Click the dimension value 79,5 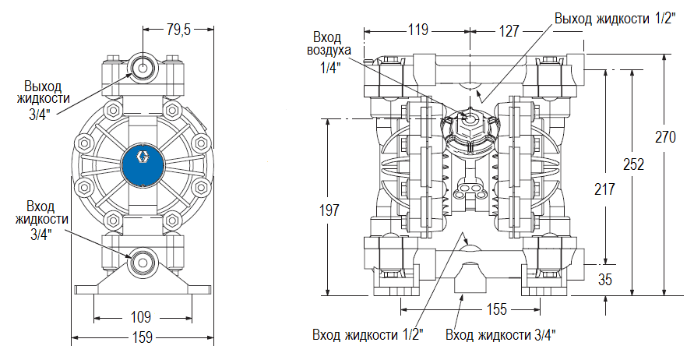click(178, 30)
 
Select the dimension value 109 click(141, 318)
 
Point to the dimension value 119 click(418, 30)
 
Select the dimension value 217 click(604, 189)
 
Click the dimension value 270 click(664, 137)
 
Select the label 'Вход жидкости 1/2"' click(368, 335)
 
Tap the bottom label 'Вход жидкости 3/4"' click(501, 335)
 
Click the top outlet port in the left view click(143, 66)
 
